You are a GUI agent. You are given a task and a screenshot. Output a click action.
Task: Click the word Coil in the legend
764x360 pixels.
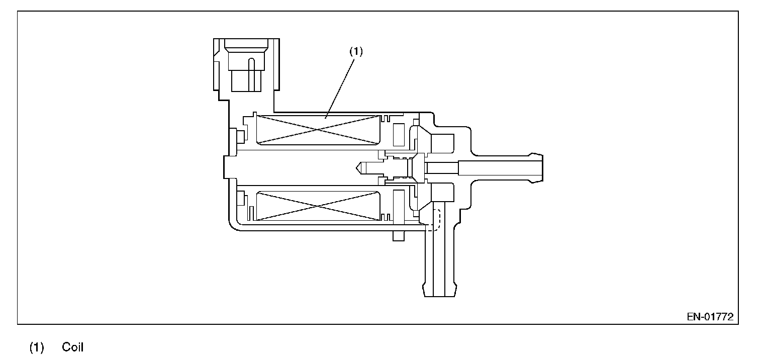[x=73, y=347]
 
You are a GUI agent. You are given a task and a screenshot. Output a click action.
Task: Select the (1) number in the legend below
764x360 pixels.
[x=37, y=347]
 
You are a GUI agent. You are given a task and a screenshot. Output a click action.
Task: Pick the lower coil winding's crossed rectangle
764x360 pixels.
[x=318, y=206]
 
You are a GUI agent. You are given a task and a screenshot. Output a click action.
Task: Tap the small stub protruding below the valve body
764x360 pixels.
[x=397, y=235]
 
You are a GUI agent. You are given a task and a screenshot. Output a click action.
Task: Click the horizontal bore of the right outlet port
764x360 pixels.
[x=498, y=168]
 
